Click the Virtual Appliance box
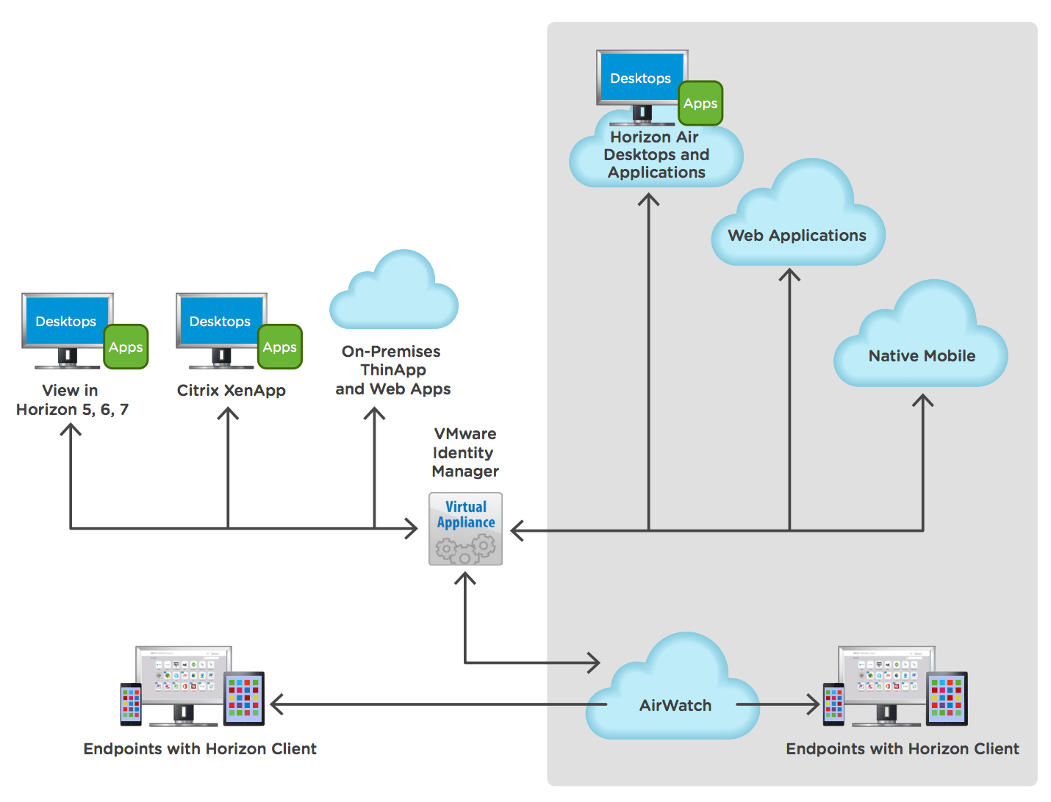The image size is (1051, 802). pyautogui.click(x=465, y=529)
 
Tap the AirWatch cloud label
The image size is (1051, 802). pyautogui.click(x=675, y=706)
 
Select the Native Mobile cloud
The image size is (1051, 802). pyautogui.click(x=922, y=345)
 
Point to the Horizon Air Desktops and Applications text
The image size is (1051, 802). pyautogui.click(x=656, y=155)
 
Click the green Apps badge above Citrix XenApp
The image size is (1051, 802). pyautogui.click(x=280, y=347)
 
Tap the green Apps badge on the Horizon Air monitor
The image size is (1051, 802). pyautogui.click(x=700, y=104)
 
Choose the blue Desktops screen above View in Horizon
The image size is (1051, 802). pyautogui.click(x=66, y=321)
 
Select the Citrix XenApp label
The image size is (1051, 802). pyautogui.click(x=232, y=391)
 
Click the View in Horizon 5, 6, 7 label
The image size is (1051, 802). pyautogui.click(x=72, y=400)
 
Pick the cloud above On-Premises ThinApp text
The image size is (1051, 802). pyautogui.click(x=394, y=294)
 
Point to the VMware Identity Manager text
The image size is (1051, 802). pyautogui.click(x=465, y=452)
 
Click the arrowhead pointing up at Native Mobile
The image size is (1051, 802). pyautogui.click(x=923, y=400)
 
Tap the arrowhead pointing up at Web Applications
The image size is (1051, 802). pyautogui.click(x=789, y=275)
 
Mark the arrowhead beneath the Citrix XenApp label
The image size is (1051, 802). pyautogui.click(x=228, y=413)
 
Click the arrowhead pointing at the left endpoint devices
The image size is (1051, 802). pyautogui.click(x=276, y=705)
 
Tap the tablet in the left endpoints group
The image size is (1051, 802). pyautogui.click(x=244, y=698)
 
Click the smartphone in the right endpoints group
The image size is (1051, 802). pyautogui.click(x=833, y=704)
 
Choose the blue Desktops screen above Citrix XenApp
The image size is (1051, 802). pyautogui.click(x=220, y=321)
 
